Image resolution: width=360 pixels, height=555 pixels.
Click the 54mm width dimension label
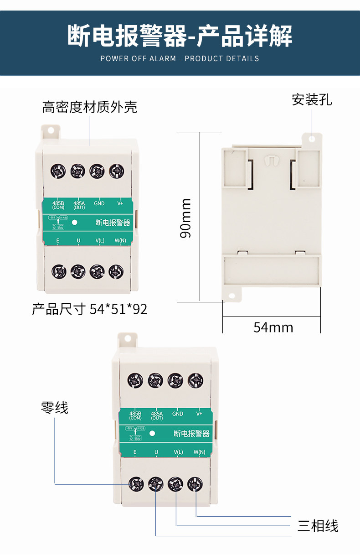tap(273, 327)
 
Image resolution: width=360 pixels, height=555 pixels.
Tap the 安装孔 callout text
tap(312, 99)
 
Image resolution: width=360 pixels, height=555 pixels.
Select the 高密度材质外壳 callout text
tap(90, 107)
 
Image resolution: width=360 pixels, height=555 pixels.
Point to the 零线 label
tap(55, 407)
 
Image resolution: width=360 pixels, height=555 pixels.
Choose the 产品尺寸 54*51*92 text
tap(90, 309)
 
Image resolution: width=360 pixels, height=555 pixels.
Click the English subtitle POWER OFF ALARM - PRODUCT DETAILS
tap(180, 58)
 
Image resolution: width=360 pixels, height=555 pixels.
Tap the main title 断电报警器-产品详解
tap(180, 36)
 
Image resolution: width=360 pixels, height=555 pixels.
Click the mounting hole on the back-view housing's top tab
tap(313, 138)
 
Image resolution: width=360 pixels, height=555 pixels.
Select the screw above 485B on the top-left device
tap(58, 171)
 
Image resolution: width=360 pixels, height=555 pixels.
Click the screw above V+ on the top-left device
tap(117, 171)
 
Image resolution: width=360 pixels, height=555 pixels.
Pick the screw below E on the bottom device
tap(136, 484)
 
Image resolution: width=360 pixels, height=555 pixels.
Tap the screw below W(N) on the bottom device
tap(195, 484)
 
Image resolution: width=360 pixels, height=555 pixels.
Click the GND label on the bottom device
tap(178, 414)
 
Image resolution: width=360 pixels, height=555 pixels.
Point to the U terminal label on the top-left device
tap(78, 240)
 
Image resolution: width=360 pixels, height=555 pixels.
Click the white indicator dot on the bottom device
tap(153, 433)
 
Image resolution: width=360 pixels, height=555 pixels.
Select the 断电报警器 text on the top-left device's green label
tap(113, 223)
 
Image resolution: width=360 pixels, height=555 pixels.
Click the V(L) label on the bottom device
tap(178, 452)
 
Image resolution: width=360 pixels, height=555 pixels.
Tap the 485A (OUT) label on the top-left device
tap(79, 205)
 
